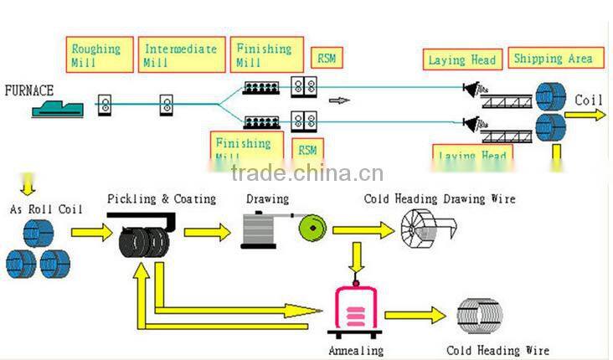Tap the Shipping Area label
555,59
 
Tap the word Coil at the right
588,100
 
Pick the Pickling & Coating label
162,199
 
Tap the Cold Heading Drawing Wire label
440,199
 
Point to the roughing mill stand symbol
106,104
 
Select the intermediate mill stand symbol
167,105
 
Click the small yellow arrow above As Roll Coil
28,182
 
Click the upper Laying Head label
462,59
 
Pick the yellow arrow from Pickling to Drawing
206,232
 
